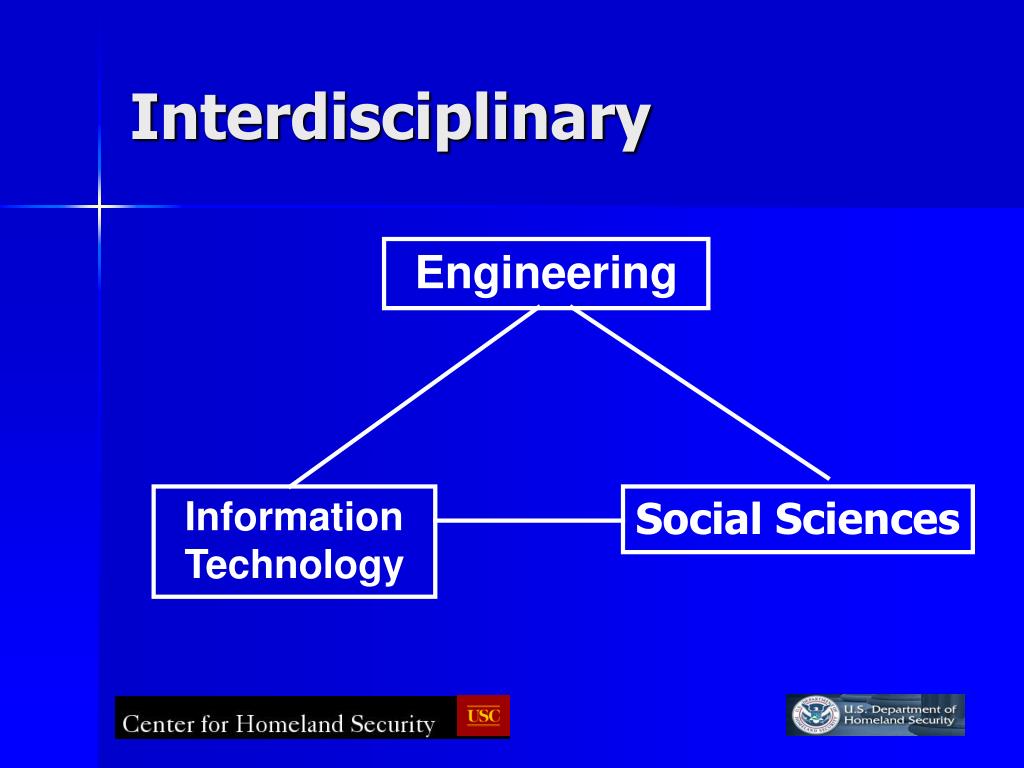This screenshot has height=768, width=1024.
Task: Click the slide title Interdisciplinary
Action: (391, 120)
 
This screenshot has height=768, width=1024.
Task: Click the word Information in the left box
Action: (294, 517)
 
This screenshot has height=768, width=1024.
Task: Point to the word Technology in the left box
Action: (295, 566)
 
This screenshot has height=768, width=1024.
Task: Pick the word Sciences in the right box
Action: (868, 520)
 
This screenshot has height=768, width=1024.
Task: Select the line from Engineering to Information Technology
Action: (415, 396)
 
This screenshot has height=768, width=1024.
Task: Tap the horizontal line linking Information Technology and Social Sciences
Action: (529, 520)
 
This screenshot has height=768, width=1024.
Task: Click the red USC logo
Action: (483, 716)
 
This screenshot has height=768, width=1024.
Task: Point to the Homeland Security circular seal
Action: (814, 715)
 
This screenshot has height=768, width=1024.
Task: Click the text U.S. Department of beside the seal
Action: (900, 709)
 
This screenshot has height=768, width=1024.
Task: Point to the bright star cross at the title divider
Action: (99, 207)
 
